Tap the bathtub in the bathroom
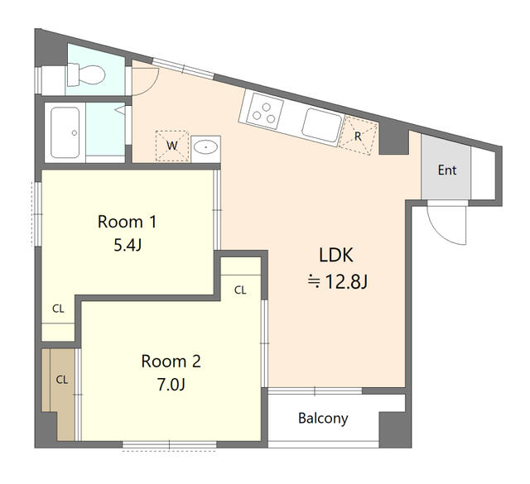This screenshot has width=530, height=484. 65,132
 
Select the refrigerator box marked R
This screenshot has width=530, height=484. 358,136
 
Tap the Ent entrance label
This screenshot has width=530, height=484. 446,171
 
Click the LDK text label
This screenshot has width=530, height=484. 339,254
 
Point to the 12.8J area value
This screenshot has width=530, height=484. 338,282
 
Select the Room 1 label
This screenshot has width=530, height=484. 127,222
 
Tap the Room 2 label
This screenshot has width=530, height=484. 171,362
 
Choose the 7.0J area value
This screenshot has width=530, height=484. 171,385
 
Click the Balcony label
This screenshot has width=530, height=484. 323,418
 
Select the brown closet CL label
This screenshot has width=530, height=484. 61,380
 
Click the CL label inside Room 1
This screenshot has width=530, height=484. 58,309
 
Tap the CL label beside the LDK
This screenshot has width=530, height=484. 240,290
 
